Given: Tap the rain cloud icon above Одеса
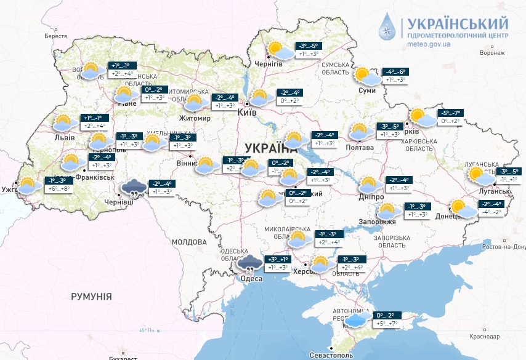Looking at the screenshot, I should [x=249, y=263].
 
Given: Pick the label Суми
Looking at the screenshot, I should [x=367, y=91].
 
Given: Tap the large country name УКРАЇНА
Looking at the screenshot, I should [x=271, y=148].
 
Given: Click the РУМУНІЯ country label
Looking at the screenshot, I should [x=91, y=297].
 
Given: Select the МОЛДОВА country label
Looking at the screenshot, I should [x=188, y=242].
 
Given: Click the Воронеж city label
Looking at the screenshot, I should [x=492, y=53].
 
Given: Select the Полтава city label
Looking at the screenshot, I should [x=360, y=148].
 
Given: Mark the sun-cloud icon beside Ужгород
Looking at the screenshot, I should [x=27, y=184].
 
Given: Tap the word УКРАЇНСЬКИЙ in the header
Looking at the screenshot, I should [x=455, y=23].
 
